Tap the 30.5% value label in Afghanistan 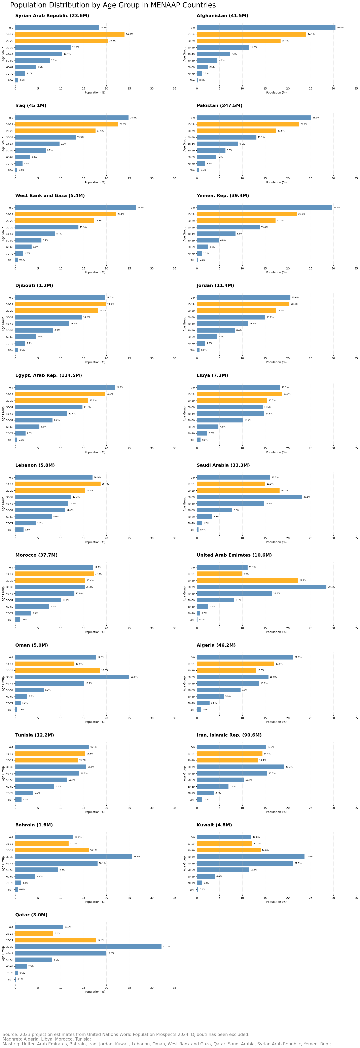click(340, 28)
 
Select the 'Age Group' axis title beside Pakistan click(184, 144)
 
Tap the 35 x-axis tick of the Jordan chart click(356, 358)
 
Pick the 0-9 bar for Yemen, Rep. click(264, 208)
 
